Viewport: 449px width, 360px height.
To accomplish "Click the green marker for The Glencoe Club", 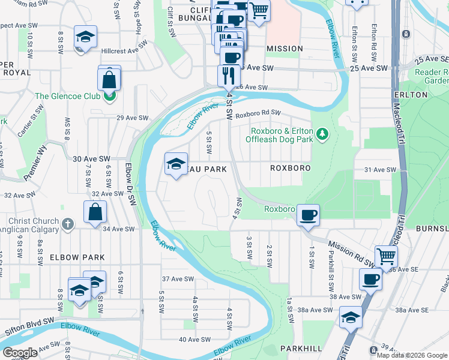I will click(109, 96).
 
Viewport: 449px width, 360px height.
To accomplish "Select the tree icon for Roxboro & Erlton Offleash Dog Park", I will click(322, 133).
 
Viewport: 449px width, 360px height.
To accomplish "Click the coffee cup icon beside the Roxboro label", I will click(308, 215).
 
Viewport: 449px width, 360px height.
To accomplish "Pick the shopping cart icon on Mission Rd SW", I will click(386, 256).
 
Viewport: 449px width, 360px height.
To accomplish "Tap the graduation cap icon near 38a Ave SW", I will click(351, 317).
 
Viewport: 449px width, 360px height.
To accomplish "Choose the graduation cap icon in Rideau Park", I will click(175, 164).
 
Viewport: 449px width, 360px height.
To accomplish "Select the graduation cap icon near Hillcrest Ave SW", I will click(85, 37).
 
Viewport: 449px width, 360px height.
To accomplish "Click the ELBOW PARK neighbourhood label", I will click(77, 257).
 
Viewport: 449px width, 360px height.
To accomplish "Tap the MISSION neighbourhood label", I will click(285, 48).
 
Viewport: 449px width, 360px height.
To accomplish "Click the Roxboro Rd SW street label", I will click(258, 113).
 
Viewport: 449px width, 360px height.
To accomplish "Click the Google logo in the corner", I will click(20, 353).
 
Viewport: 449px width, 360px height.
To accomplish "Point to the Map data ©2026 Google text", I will click(412, 355).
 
